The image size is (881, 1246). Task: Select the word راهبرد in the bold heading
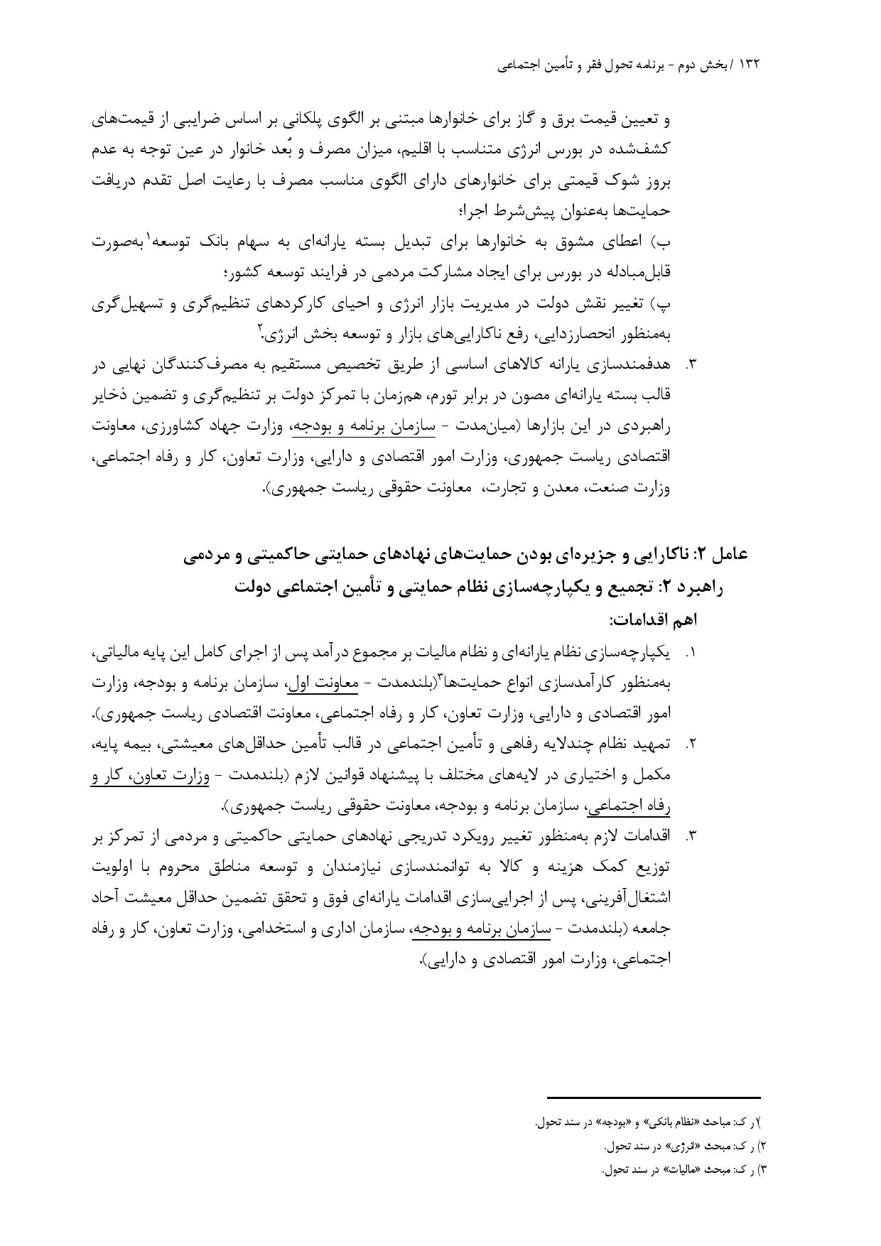(701, 587)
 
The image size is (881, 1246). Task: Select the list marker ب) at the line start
(661, 242)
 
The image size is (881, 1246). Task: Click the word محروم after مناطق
(188, 867)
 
